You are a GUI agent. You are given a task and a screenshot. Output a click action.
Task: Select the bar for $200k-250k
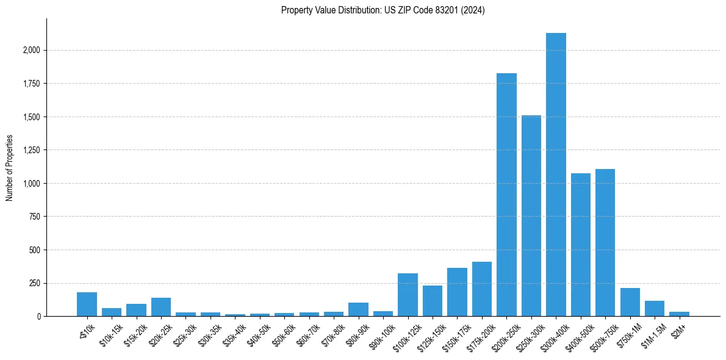pos(506,195)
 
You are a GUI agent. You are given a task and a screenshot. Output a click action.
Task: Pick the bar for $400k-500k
pos(581,245)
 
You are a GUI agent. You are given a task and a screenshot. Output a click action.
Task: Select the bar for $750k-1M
pos(630,302)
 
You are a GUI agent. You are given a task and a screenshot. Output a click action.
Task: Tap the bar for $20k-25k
pos(161,307)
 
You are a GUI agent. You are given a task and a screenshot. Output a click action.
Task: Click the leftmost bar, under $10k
pos(87,304)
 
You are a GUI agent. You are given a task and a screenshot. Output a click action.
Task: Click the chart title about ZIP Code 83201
pos(383,10)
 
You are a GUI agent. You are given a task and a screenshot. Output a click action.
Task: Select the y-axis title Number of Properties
pos(10,168)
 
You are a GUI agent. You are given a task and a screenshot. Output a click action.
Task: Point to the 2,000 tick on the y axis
pos(31,50)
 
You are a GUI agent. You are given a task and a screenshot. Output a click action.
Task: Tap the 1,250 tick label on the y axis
pos(31,150)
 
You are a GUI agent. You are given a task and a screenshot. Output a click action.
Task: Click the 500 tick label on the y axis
pos(34,250)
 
